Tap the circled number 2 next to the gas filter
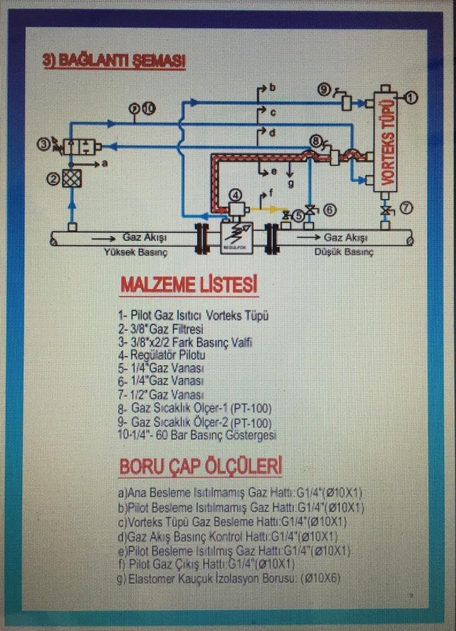(54, 179)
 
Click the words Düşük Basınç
(345, 253)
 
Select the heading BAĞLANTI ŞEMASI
(114, 62)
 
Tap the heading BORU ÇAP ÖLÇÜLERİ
(200, 466)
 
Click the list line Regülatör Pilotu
(162, 355)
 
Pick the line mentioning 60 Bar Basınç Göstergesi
(197, 435)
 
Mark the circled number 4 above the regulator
(236, 195)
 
